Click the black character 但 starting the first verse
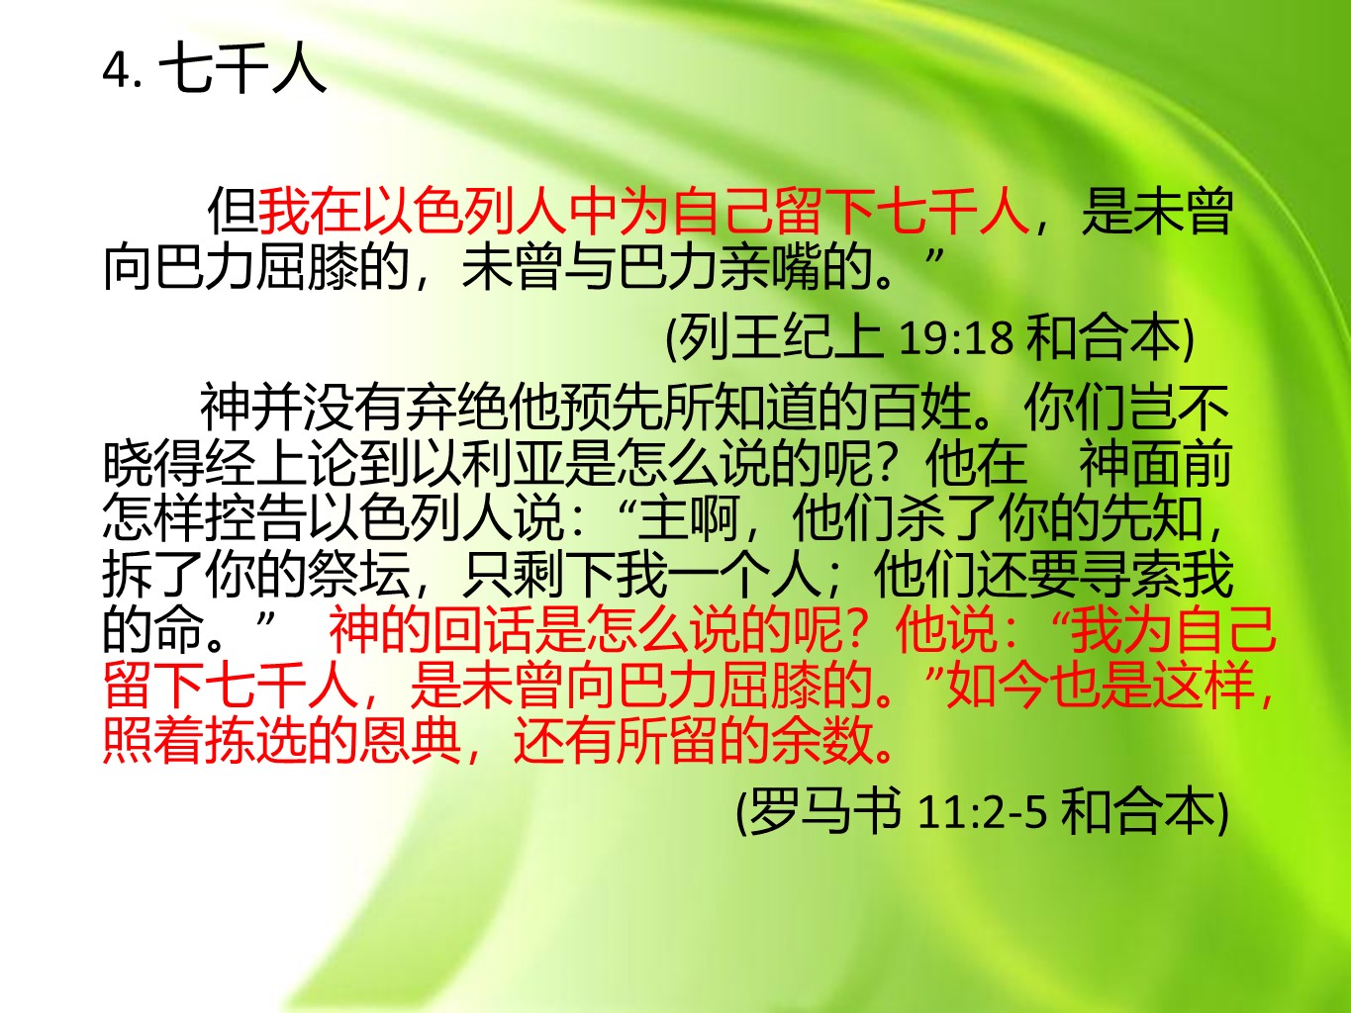232,211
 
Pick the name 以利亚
487,463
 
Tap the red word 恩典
411,741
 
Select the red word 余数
822,741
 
